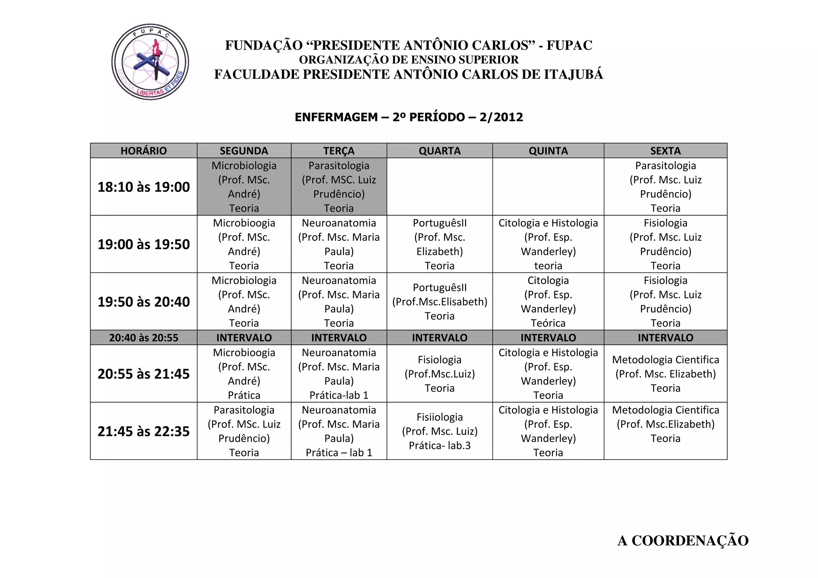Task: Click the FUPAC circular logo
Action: (150, 62)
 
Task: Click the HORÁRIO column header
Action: (143, 151)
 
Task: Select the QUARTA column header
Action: (439, 151)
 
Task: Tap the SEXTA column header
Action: (665, 151)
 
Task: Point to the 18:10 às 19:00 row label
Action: (143, 187)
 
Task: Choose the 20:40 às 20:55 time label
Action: (143, 338)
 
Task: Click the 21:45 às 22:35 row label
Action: (143, 431)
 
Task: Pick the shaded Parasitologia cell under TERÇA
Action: (339, 187)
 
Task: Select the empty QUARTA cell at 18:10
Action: (439, 187)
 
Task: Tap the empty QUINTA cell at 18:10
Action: (548, 187)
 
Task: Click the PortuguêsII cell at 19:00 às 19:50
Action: (439, 244)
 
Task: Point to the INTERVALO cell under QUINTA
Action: (548, 338)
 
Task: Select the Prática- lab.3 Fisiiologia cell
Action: (439, 431)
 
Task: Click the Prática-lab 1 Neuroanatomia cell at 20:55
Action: (339, 373)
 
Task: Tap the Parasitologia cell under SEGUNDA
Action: (244, 431)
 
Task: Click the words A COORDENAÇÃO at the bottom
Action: (683, 540)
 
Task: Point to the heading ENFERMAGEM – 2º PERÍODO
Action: (409, 117)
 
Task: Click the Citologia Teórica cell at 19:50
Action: (548, 302)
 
